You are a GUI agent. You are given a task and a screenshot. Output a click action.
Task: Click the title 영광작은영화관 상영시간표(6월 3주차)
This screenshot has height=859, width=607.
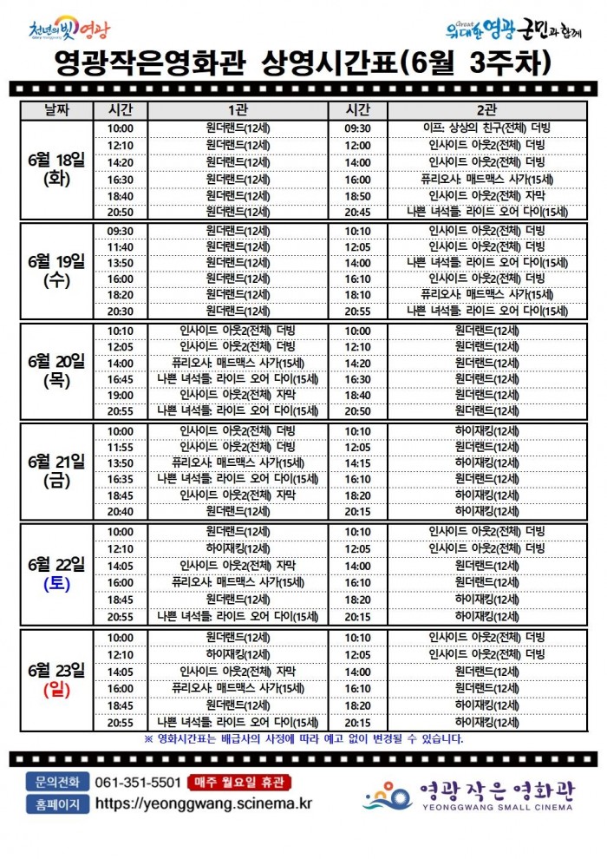(x=303, y=62)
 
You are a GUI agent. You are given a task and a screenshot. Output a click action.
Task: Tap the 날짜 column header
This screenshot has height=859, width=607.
(x=55, y=110)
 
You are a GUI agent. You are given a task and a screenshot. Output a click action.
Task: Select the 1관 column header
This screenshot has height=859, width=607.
(x=238, y=110)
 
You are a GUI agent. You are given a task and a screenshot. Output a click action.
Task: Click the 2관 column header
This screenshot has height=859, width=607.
(x=486, y=110)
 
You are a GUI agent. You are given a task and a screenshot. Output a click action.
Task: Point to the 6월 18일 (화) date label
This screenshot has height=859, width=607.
(x=55, y=169)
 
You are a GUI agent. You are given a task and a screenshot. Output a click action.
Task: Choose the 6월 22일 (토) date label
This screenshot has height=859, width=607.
(x=55, y=574)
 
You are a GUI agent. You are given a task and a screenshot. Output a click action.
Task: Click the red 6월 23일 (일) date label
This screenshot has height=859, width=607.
(x=55, y=679)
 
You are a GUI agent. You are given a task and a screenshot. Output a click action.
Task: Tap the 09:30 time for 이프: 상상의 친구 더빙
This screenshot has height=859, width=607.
(x=357, y=128)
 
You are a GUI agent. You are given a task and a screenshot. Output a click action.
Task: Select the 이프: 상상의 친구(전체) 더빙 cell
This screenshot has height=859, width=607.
(x=486, y=128)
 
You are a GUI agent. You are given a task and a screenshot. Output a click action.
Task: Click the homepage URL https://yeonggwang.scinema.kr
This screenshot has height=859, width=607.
(x=203, y=803)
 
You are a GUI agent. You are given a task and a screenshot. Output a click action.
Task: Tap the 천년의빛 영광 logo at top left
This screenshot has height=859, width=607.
(x=69, y=32)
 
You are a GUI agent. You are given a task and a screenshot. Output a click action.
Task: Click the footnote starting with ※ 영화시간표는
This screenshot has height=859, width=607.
(x=303, y=739)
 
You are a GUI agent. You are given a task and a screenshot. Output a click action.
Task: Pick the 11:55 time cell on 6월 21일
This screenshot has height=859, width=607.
(x=121, y=447)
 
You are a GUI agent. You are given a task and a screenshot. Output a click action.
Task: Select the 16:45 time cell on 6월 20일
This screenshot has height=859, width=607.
(x=121, y=379)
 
